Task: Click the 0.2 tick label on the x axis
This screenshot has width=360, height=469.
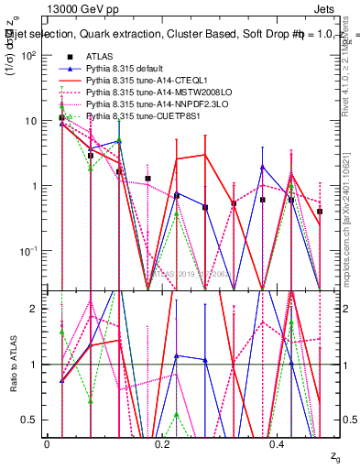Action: tap(161, 443)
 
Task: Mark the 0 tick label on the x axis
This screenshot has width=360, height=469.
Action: tap(47, 443)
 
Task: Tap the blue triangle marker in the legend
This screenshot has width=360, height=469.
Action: tap(66, 69)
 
